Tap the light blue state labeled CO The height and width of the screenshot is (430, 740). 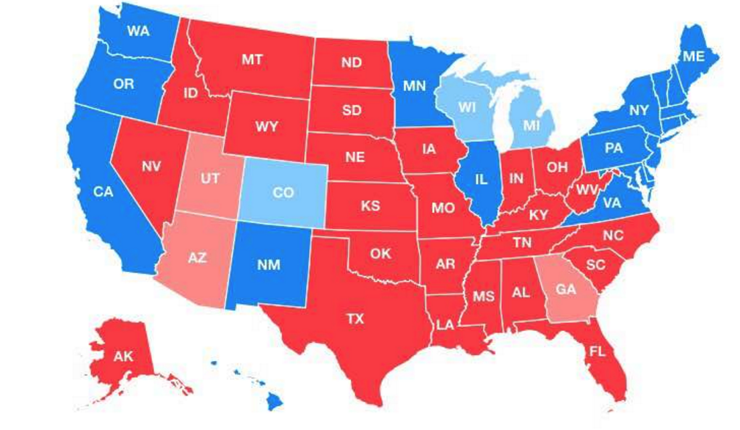click(x=283, y=193)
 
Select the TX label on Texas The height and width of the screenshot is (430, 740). click(x=355, y=318)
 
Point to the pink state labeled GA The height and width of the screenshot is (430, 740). click(x=565, y=290)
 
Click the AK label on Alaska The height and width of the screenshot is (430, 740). click(x=123, y=357)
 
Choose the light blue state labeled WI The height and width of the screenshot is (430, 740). click(x=468, y=107)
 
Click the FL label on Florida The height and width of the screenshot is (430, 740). click(x=597, y=351)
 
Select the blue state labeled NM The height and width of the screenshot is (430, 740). click(x=269, y=265)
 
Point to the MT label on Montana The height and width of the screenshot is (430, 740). click(x=253, y=59)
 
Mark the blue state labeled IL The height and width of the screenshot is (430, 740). click(x=481, y=178)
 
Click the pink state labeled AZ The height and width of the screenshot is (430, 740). click(x=197, y=259)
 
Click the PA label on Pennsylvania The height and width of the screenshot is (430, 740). click(x=614, y=147)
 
